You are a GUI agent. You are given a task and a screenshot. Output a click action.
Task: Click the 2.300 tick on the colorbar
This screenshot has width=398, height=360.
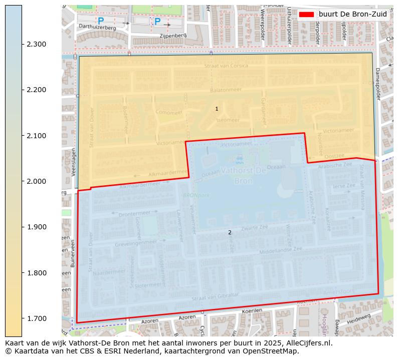tap(37, 44)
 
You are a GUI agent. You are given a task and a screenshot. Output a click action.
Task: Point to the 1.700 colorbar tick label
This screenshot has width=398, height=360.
tap(37, 318)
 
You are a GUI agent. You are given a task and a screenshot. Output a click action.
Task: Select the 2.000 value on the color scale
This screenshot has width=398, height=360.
tap(37, 181)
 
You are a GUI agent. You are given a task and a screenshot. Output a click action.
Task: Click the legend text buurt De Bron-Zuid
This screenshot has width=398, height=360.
tap(353, 15)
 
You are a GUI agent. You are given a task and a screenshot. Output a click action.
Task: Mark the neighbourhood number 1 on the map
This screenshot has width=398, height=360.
tap(217, 109)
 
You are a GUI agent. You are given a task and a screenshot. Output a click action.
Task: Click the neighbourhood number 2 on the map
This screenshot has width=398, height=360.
tap(230, 232)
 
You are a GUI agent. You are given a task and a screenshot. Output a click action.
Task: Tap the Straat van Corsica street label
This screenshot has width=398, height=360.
tap(226, 66)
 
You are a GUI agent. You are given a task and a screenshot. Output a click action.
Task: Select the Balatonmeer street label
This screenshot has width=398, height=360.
tap(226, 90)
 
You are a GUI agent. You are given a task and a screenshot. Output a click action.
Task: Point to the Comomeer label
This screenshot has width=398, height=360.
tap(168, 112)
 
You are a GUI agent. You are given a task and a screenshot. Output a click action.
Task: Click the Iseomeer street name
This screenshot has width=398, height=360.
tap(228, 120)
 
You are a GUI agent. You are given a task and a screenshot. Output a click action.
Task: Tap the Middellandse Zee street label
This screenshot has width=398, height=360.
tap(281, 249)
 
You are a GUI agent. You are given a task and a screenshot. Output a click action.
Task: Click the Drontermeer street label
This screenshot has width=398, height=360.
tap(134, 213)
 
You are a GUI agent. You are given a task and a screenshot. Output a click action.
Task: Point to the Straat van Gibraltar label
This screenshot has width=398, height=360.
tap(215, 296)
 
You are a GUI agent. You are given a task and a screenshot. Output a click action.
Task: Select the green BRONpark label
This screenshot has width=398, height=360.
tap(196, 195)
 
